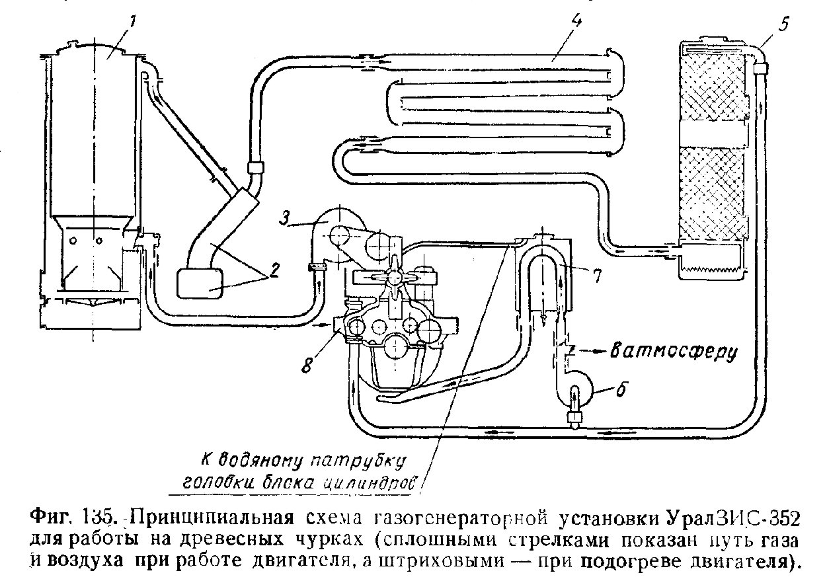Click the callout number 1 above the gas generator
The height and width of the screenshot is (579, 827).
[x=132, y=22]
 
